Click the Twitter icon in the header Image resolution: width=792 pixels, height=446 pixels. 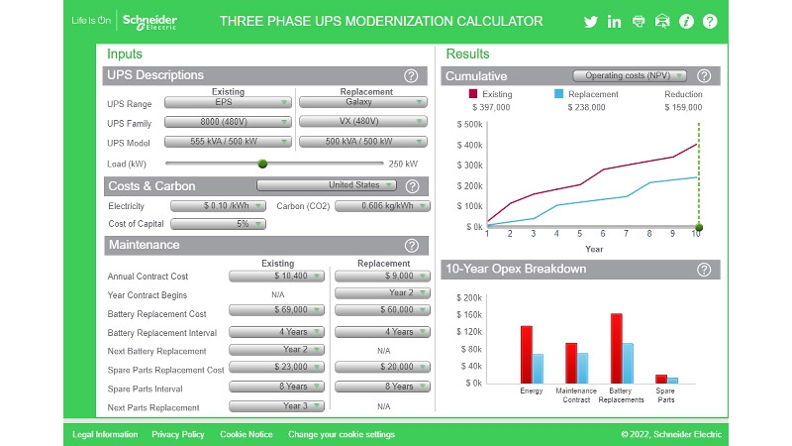coord(591,22)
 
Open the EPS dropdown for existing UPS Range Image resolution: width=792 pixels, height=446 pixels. coord(228,102)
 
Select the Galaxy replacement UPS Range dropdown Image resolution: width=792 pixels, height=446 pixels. coord(362,102)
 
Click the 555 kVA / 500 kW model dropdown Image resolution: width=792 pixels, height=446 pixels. coord(228,142)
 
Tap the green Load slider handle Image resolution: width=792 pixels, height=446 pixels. coord(262,164)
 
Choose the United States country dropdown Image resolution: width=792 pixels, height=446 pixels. coord(327,185)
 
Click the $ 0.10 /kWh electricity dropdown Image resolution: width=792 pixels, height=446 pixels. coord(218,206)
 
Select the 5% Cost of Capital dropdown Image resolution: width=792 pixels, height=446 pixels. coord(218,224)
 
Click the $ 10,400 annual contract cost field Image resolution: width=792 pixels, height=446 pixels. coord(276,277)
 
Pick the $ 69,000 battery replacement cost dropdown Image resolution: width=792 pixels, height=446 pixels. coord(276,312)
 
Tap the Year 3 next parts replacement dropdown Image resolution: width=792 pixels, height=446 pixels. coord(276,406)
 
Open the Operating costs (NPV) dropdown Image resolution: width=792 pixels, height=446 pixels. coord(630,75)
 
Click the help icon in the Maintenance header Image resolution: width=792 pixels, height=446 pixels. coord(412,246)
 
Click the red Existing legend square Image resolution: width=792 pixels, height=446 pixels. coord(473,94)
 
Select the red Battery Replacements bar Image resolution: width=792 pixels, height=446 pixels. coord(616,348)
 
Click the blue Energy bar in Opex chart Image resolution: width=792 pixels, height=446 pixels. coord(538,368)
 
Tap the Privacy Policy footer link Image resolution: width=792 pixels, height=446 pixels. coord(178,434)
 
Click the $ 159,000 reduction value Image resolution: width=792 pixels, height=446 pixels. coord(683,107)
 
